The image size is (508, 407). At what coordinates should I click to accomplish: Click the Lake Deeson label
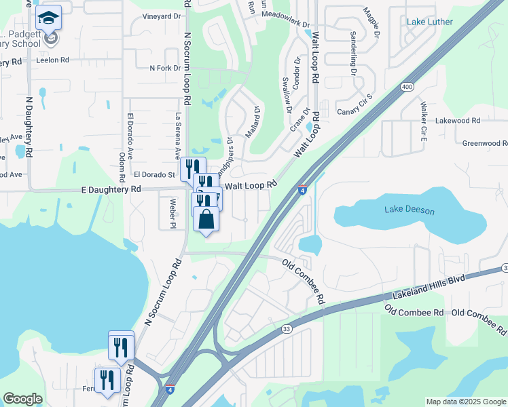point(409,210)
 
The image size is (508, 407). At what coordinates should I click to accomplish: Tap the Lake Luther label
point(429,22)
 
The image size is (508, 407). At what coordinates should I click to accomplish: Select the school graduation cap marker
point(48,17)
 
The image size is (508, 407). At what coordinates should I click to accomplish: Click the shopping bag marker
point(206,220)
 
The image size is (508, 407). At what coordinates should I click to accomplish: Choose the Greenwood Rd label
point(485,143)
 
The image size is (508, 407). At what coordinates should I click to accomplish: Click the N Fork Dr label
point(165,68)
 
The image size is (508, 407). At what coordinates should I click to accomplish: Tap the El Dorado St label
point(154,174)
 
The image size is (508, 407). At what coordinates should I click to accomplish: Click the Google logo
point(22,399)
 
